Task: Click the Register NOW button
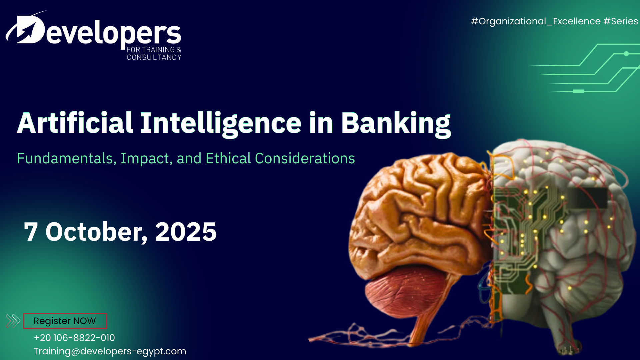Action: (x=65, y=321)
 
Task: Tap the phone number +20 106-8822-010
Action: (x=74, y=338)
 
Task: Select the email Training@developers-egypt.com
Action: (x=110, y=351)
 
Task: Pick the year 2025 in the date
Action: (x=186, y=232)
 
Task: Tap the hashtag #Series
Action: (x=621, y=21)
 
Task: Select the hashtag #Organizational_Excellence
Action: (x=536, y=21)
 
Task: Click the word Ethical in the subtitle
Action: (x=228, y=158)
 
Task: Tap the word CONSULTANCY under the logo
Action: (x=154, y=57)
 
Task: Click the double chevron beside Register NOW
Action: (x=13, y=321)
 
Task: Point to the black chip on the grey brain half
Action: (x=587, y=198)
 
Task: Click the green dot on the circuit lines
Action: (x=626, y=54)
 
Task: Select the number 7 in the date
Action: (x=31, y=232)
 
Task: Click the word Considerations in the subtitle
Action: (x=305, y=158)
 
